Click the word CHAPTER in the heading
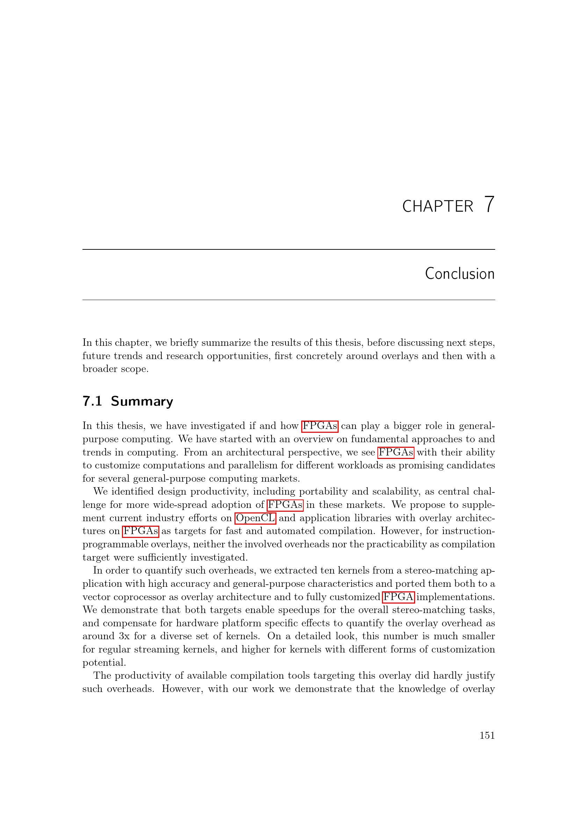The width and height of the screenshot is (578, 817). (x=438, y=206)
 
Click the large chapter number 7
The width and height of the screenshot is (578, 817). (x=489, y=205)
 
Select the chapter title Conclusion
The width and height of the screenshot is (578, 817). (x=460, y=273)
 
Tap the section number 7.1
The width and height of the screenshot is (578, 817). (x=92, y=401)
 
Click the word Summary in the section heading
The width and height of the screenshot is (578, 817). (x=142, y=401)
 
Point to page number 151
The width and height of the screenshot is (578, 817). (x=487, y=735)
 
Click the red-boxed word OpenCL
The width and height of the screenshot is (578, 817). (x=255, y=518)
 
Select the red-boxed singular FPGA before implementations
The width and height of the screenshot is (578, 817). (x=398, y=597)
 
